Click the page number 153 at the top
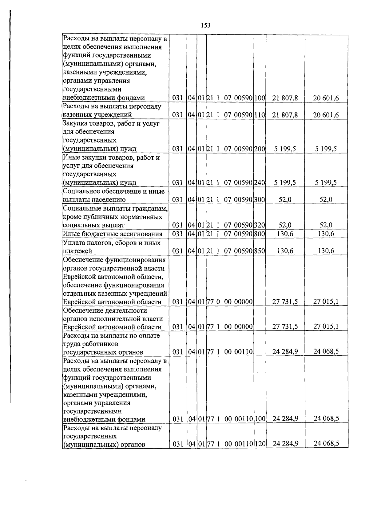tap(205, 26)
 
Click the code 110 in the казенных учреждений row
tap(260, 115)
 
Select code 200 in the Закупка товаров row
tap(260, 149)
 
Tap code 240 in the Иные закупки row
tap(260, 183)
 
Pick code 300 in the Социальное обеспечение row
tap(260, 200)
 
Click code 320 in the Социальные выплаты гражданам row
tap(260, 225)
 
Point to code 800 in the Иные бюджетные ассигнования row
tap(260, 234)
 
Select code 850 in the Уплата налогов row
tap(260, 251)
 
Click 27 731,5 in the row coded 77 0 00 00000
tap(285, 302)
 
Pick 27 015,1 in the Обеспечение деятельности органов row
tap(326, 326)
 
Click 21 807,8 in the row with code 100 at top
tap(285, 98)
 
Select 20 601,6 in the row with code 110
tap(326, 115)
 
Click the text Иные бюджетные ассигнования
tap(113, 234)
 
